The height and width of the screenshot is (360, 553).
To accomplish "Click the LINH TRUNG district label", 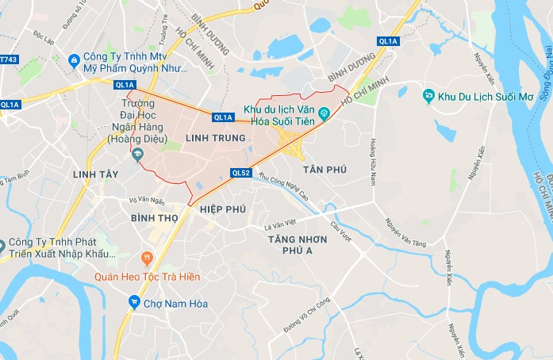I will point(212,138).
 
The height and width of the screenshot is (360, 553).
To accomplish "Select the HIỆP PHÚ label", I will point(223,209).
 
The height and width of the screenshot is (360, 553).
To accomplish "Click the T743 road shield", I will point(9,59).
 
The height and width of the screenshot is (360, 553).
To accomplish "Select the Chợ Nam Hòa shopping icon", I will point(134,301).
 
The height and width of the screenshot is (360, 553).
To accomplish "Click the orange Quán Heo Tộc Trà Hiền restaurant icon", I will point(146,258).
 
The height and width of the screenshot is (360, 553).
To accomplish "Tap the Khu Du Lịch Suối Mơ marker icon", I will point(428,96).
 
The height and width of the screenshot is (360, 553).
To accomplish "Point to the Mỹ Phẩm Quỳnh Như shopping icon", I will point(74,58).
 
